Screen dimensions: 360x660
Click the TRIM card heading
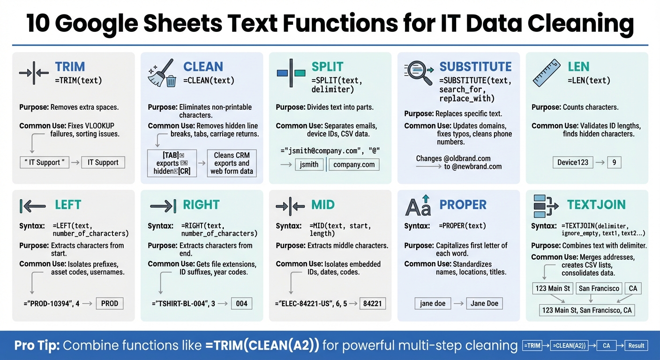tap(70, 67)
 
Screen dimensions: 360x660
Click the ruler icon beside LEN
tap(546, 73)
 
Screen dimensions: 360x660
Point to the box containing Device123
tap(573, 163)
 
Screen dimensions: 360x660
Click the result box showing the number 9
tap(614, 163)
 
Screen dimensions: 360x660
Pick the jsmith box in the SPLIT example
tap(309, 165)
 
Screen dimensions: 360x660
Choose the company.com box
tap(354, 165)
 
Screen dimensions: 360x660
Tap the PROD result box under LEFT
tap(110, 303)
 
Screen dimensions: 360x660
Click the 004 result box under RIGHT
tap(241, 303)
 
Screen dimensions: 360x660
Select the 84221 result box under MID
tap(373, 303)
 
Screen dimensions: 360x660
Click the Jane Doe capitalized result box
tap(485, 303)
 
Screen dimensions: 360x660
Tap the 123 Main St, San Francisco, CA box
tap(586, 310)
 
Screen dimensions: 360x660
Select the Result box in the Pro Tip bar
tap(636, 345)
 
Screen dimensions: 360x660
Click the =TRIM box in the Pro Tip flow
tap(533, 345)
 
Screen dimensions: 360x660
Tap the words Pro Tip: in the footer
tap(37, 345)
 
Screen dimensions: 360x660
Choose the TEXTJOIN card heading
tap(596, 205)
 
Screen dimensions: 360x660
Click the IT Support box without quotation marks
tap(103, 163)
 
